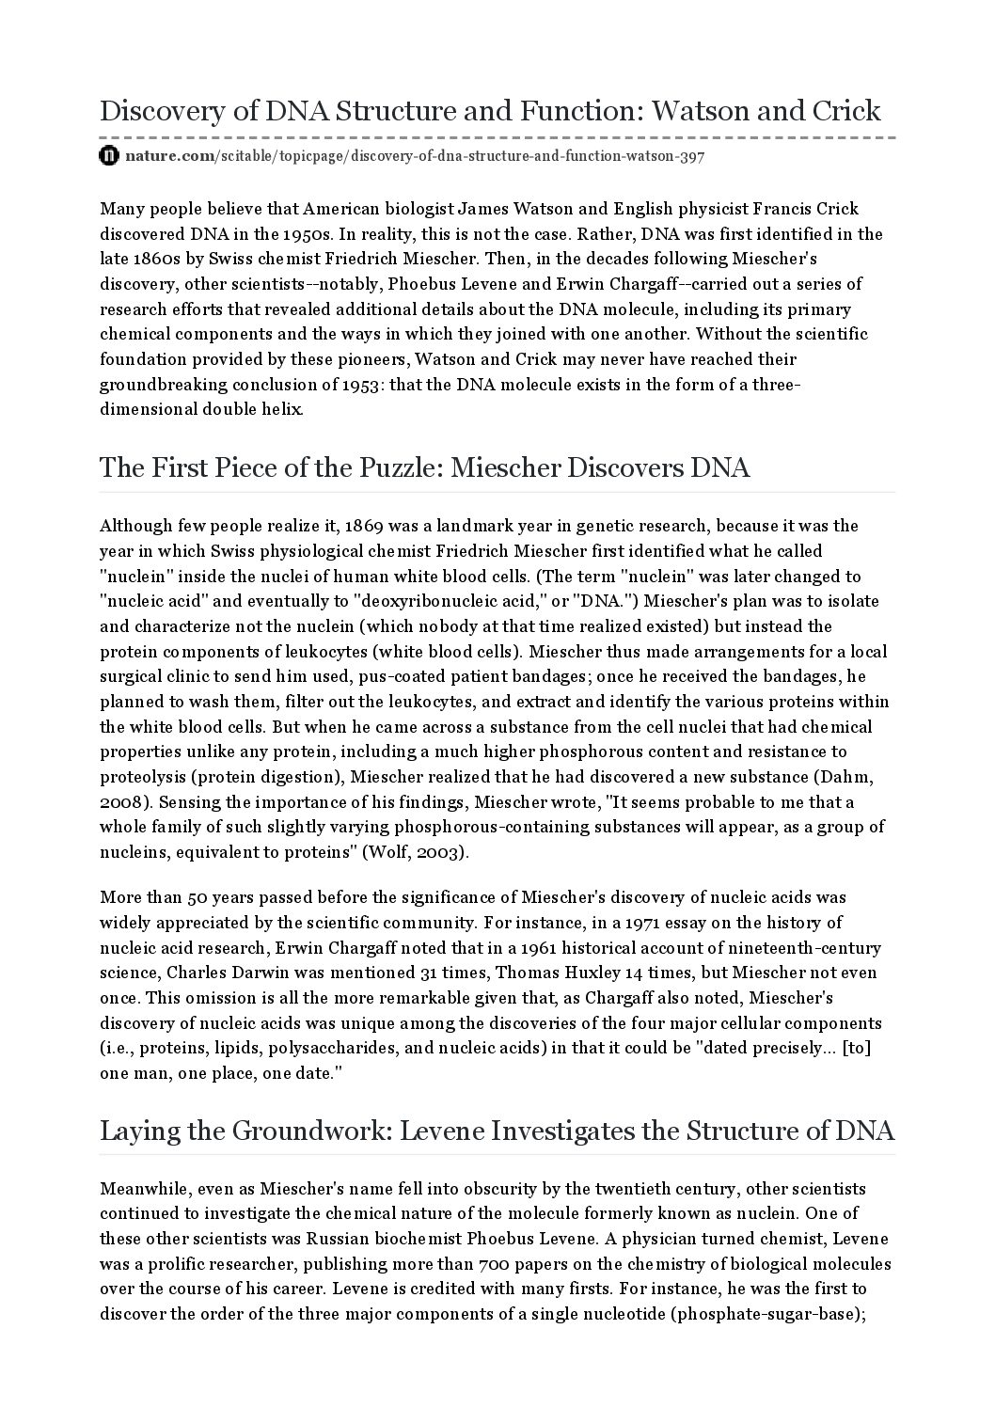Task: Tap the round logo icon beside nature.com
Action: click(x=109, y=156)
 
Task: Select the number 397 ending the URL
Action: click(x=691, y=156)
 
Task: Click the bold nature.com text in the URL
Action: click(x=170, y=156)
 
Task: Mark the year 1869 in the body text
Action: click(x=366, y=526)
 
